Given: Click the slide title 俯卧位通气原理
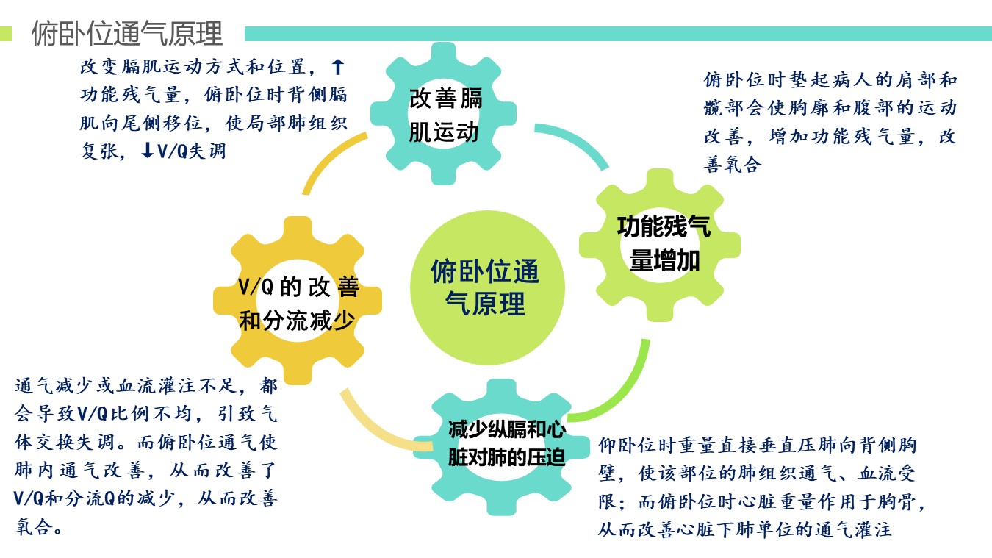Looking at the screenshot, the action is point(127,33).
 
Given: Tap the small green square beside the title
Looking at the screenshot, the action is point(5,34).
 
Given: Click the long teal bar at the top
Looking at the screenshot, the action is point(618,34).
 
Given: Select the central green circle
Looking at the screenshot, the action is point(487,287).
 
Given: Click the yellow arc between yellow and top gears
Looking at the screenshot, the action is point(328,157).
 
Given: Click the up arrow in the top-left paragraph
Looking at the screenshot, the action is point(338,67).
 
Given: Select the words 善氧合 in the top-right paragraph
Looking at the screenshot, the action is point(733,165).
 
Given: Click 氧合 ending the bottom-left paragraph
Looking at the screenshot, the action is point(35,526).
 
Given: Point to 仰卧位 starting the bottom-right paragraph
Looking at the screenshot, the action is point(628,445).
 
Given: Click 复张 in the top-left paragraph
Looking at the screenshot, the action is point(100,151).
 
